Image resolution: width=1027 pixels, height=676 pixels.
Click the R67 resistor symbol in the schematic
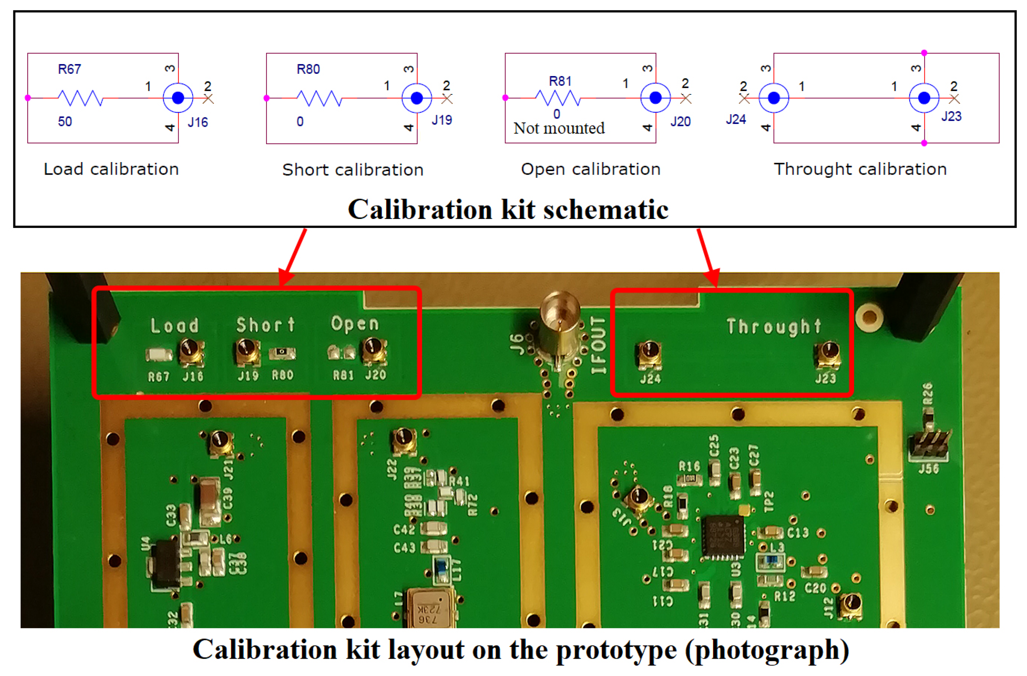click(x=80, y=98)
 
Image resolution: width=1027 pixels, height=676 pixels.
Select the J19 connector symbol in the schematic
click(x=416, y=98)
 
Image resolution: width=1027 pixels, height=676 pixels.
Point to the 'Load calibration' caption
click(x=111, y=169)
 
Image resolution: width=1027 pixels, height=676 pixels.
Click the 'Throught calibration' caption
click(x=860, y=169)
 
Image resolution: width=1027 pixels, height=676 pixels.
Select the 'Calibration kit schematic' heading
click(x=508, y=210)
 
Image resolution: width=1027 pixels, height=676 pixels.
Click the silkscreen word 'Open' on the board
click(x=355, y=324)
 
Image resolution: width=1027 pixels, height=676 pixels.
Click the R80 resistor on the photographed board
click(x=282, y=354)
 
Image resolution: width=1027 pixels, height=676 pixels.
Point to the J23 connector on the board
click(x=828, y=355)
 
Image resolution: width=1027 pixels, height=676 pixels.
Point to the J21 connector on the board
click(x=221, y=443)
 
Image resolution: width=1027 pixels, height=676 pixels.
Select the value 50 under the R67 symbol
click(x=65, y=122)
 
